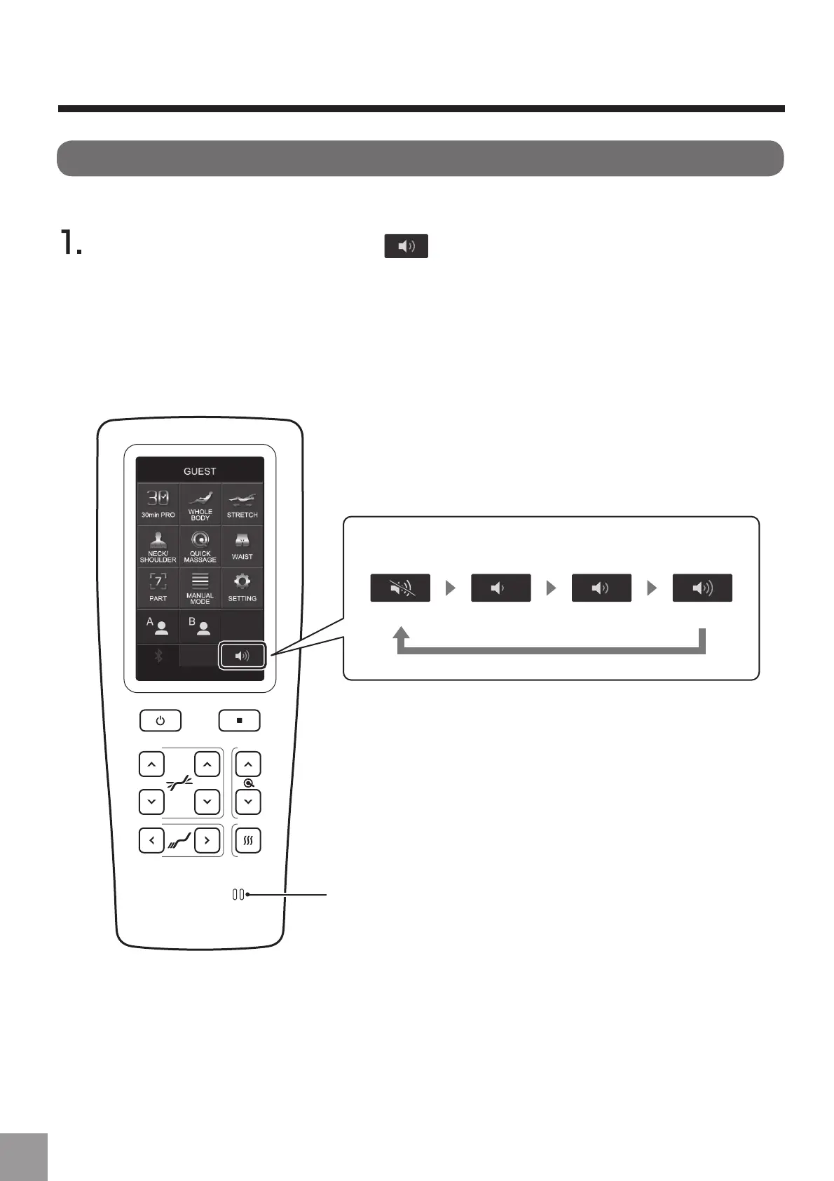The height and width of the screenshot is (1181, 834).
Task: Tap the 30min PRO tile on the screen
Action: (158, 504)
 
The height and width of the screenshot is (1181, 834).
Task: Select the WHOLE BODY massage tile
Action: (200, 504)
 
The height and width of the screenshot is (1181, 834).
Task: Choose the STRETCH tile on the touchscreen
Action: (242, 504)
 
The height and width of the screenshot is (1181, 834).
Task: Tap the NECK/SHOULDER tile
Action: (158, 546)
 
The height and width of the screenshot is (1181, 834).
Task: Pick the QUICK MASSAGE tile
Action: (200, 546)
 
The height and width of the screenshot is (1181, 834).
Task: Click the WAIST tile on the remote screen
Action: (242, 546)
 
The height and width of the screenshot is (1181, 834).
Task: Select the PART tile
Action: (158, 588)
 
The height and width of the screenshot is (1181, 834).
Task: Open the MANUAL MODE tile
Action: (200, 588)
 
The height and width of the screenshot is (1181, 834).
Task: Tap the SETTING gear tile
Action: (242, 588)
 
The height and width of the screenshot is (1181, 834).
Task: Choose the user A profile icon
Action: (158, 626)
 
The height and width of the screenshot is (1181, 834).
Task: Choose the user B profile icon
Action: (200, 626)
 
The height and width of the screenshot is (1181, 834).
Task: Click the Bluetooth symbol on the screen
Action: (158, 656)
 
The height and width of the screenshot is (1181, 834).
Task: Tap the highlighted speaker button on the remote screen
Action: (242, 656)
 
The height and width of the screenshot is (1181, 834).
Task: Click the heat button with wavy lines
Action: (248, 840)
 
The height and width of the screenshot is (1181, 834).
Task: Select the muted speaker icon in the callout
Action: (400, 588)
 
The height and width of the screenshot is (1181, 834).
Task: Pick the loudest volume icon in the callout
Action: (702, 588)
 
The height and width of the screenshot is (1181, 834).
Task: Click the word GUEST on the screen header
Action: (200, 471)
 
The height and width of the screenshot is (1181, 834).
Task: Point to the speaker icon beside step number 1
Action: (406, 246)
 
